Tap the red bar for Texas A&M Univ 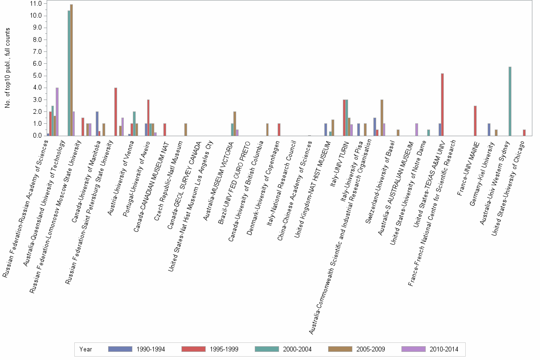442,104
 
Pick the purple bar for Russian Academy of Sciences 57,111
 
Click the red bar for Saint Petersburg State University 116,111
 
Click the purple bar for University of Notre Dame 417,130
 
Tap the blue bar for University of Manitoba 97,123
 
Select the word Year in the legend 86,349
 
